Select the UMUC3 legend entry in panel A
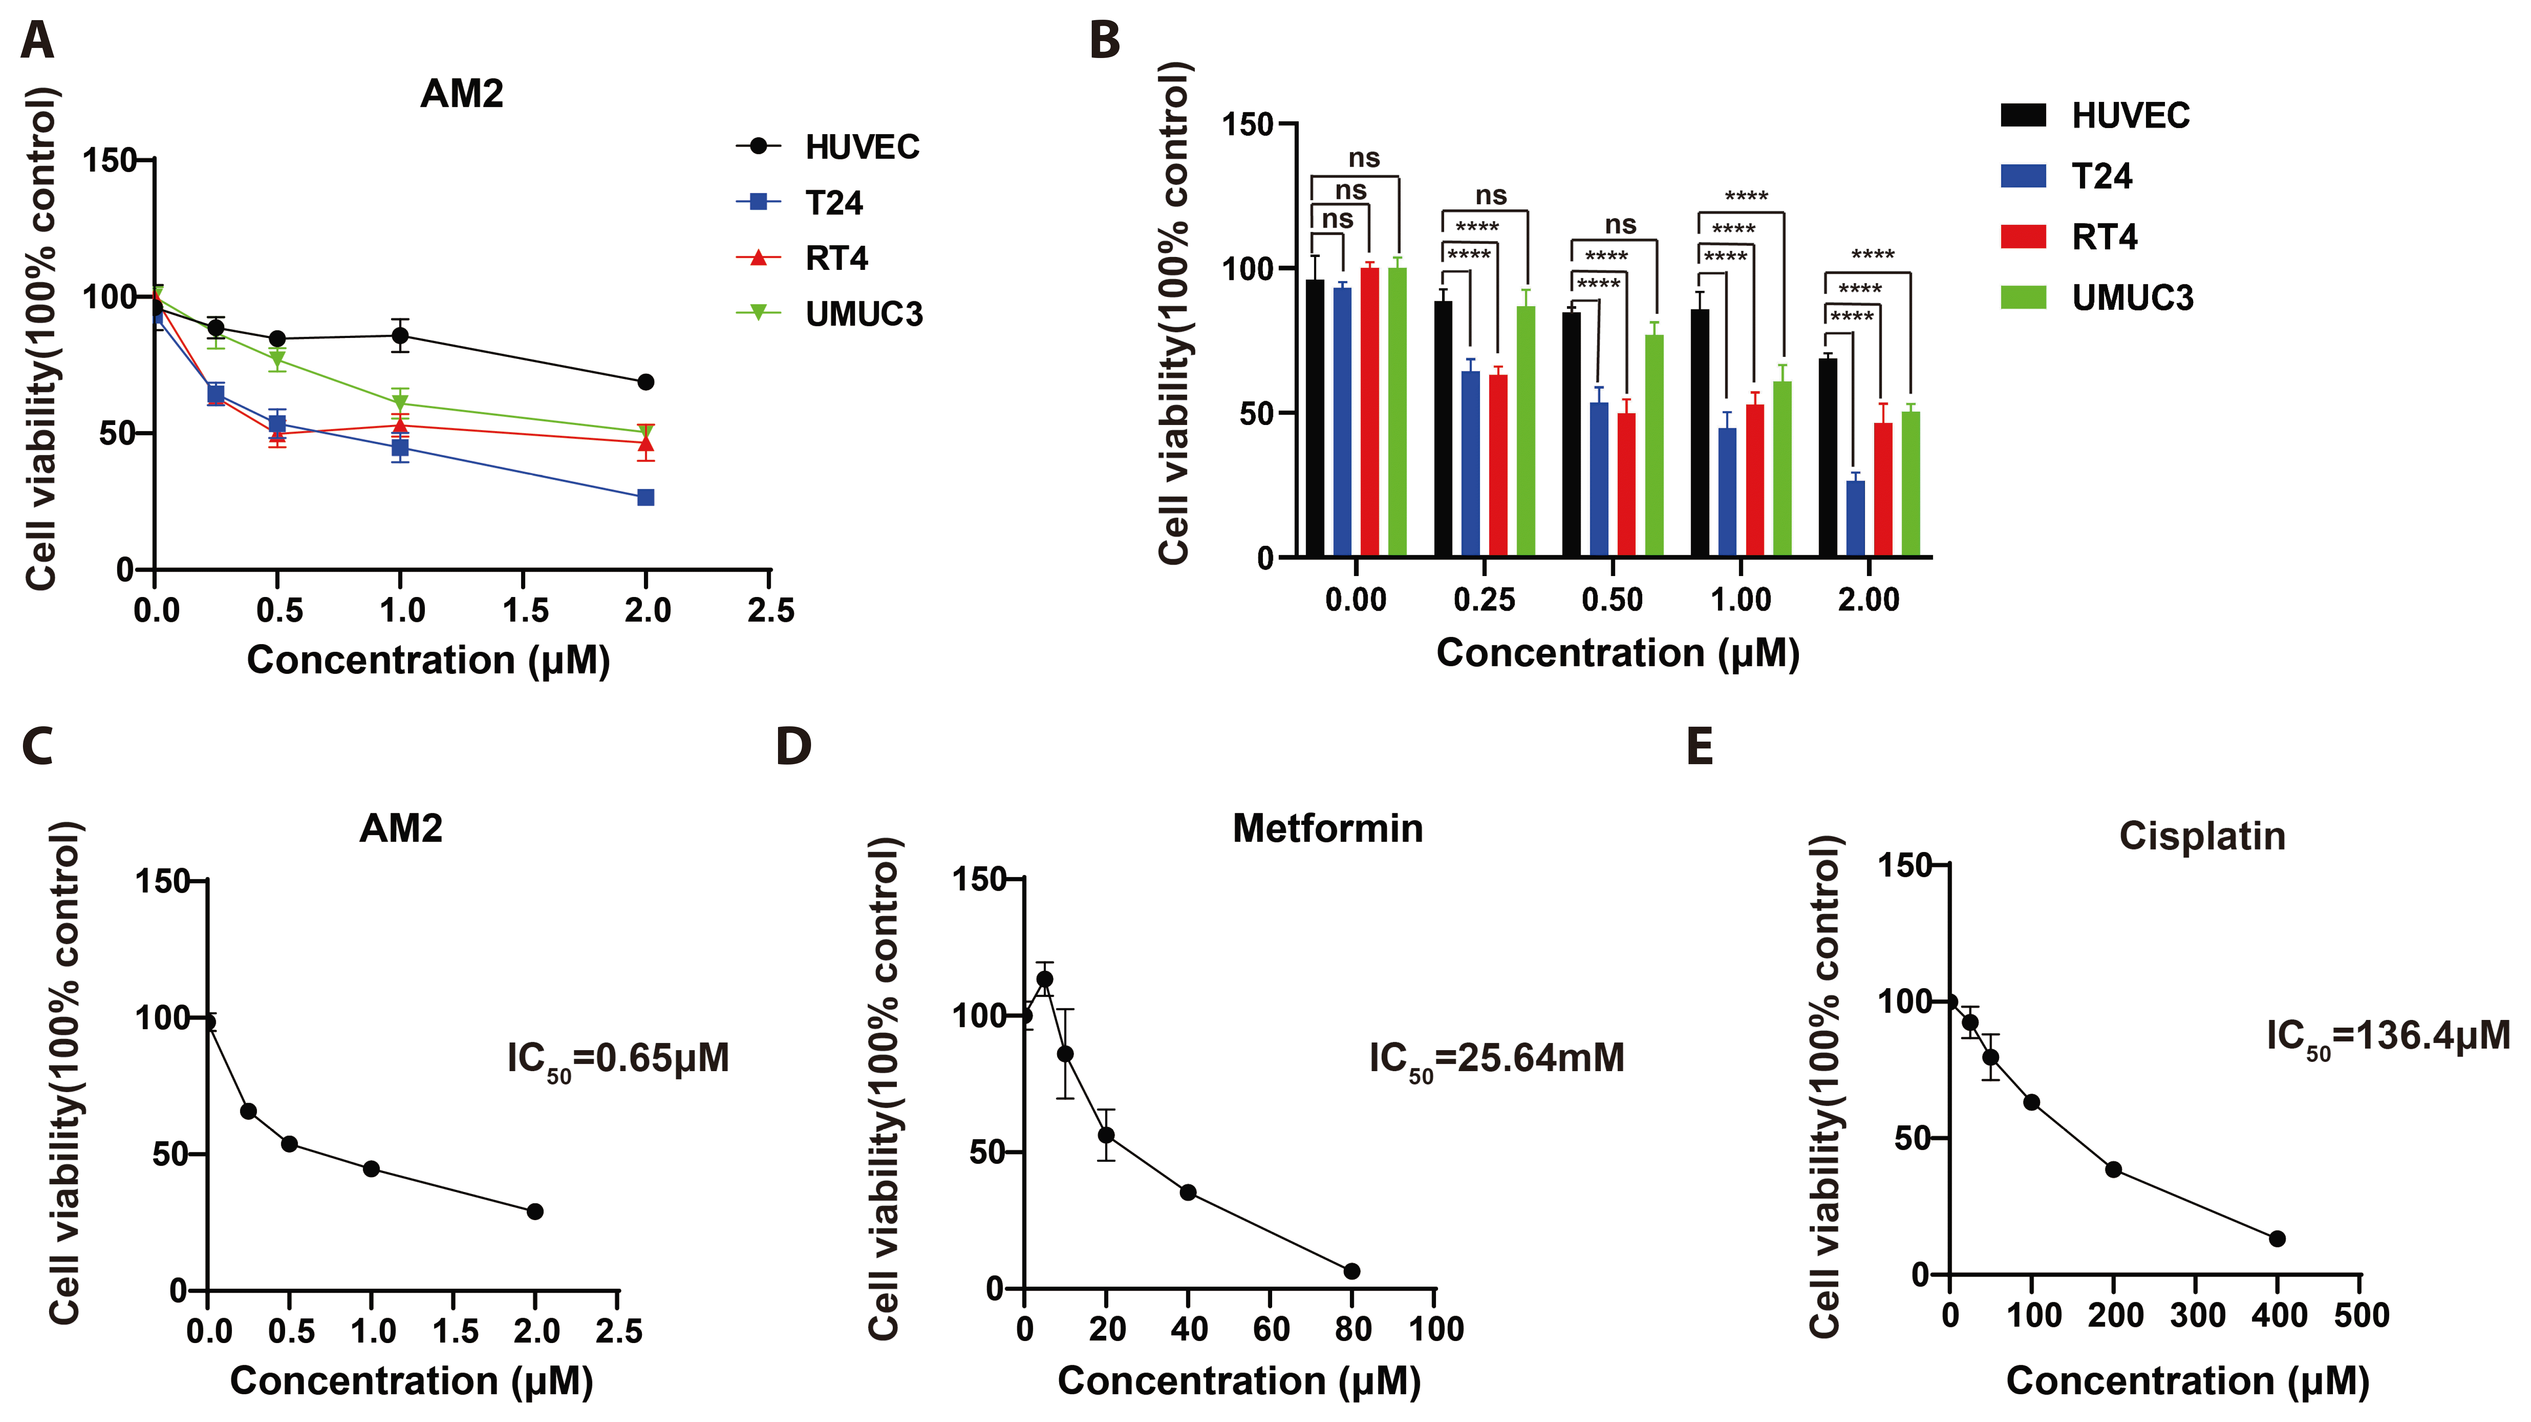(x=863, y=315)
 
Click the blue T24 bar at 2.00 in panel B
(x=1855, y=519)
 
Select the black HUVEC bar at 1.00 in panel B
(x=1700, y=432)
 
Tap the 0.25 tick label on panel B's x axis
(x=1484, y=599)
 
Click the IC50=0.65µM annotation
(x=618, y=1059)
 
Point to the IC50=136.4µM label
(x=2388, y=1037)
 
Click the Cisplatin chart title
(x=2202, y=836)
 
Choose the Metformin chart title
(x=1327, y=829)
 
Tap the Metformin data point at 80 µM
(x=1352, y=1271)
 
